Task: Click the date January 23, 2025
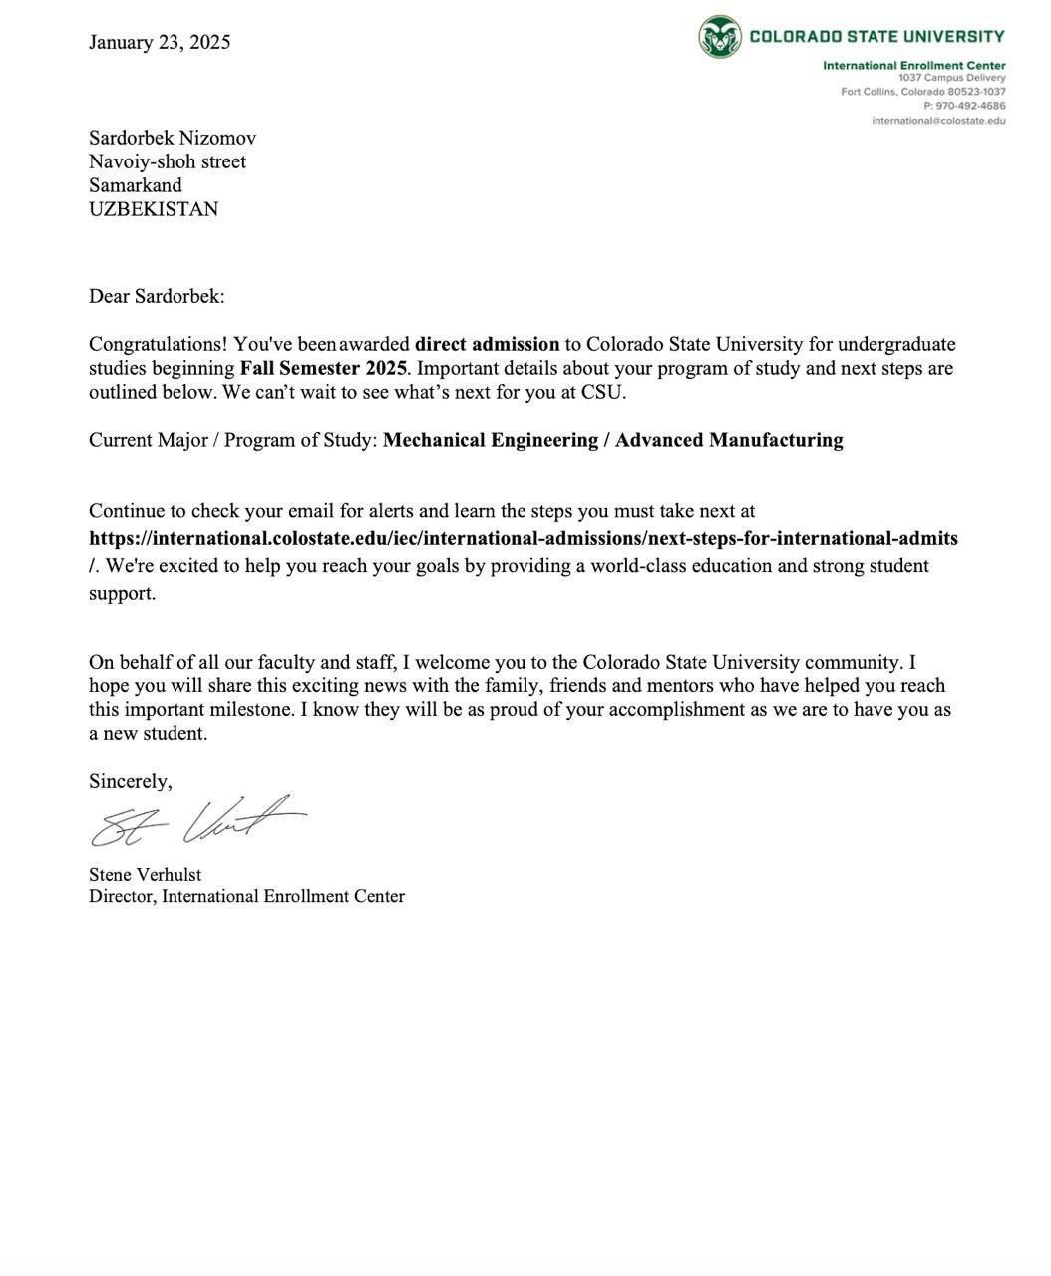tap(160, 42)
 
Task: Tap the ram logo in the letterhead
tap(719, 37)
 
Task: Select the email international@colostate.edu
tap(938, 121)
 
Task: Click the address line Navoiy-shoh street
tap(168, 161)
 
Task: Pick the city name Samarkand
tap(136, 185)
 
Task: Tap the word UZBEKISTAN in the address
tap(154, 209)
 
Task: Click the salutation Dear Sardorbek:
tap(157, 296)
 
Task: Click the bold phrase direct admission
tap(488, 344)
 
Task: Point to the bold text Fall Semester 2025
tap(323, 368)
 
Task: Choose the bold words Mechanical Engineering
tap(491, 440)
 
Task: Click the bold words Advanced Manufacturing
tap(729, 440)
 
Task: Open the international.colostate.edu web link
tap(524, 539)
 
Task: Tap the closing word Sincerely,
tap(131, 781)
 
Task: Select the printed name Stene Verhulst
tap(146, 875)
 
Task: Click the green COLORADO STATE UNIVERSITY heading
tap(876, 37)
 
